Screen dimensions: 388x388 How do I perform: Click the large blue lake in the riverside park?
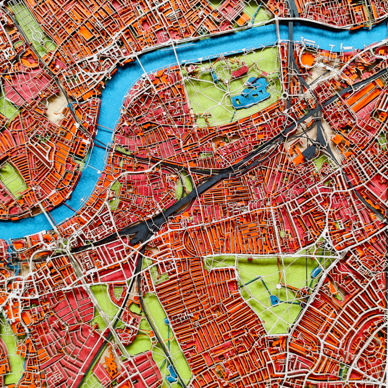click(251, 93)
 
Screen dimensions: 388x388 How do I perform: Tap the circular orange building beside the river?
click(307, 59)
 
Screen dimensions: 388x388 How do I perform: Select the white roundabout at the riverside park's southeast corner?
click(284, 95)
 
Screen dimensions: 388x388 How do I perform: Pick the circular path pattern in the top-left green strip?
click(37, 35)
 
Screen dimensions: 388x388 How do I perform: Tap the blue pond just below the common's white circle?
click(274, 300)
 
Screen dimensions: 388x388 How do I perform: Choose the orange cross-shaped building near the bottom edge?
click(111, 364)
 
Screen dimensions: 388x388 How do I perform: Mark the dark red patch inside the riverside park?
click(240, 70)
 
